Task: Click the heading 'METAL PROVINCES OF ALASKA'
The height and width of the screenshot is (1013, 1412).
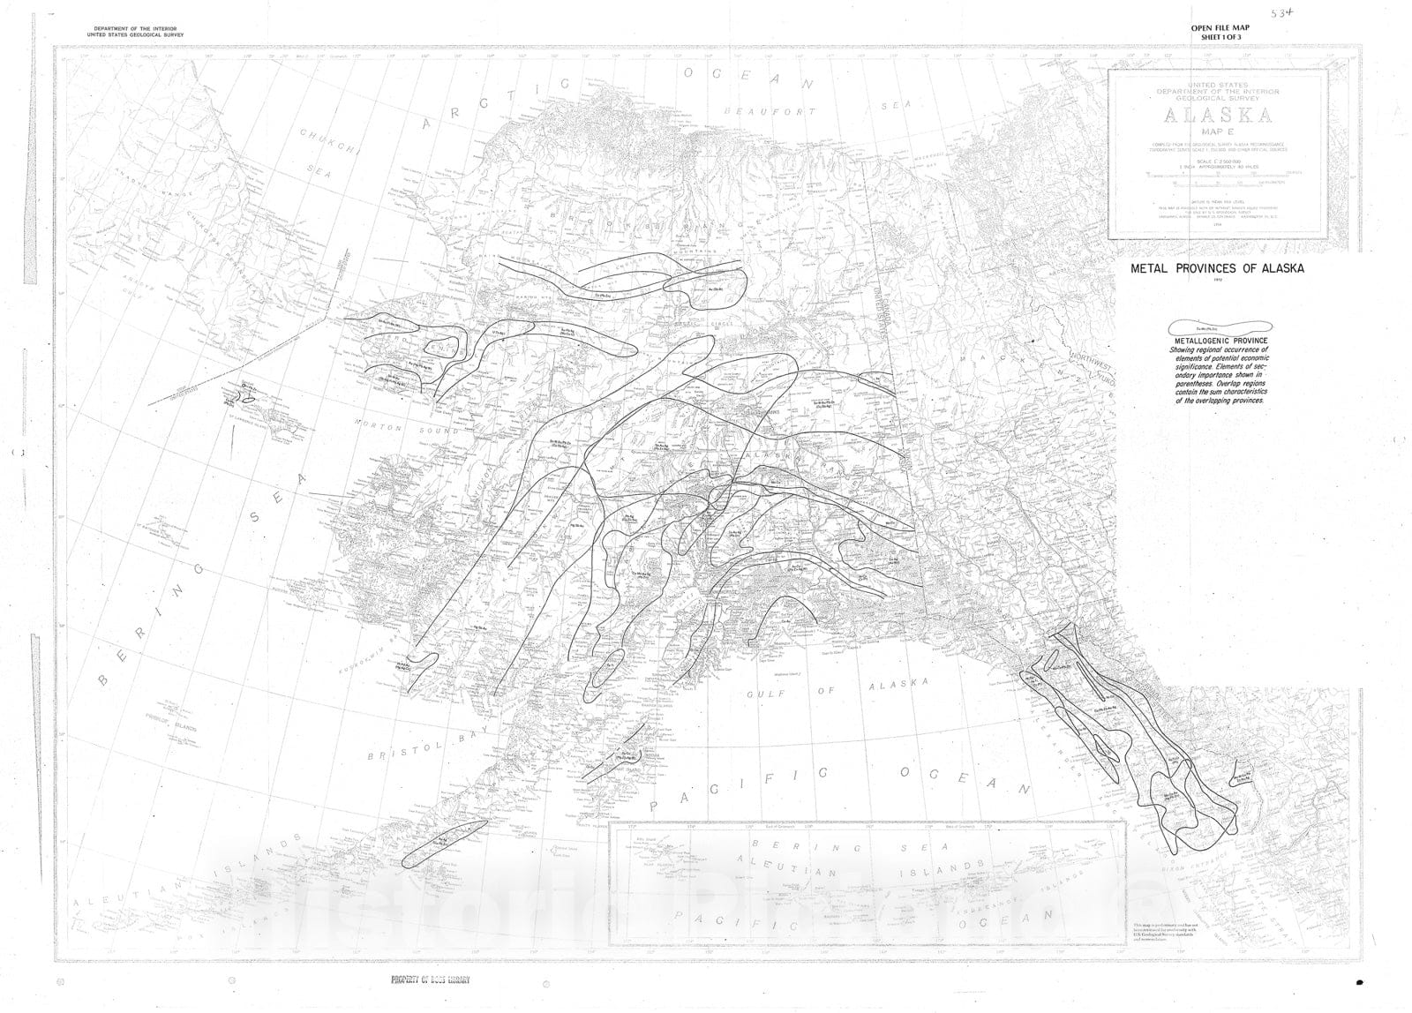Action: [x=1217, y=268]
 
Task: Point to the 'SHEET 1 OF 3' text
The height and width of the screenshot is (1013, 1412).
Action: [x=1220, y=38]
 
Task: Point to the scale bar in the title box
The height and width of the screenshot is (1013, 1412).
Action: [x=1217, y=176]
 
